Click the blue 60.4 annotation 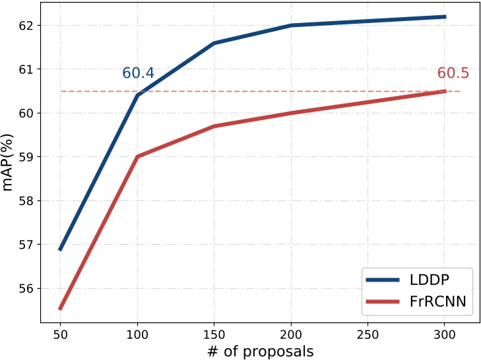[139, 73]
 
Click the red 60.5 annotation [453, 73]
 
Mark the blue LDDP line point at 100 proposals [137, 95]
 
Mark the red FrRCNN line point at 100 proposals [137, 156]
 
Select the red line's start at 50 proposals [60, 309]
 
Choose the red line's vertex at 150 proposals [214, 126]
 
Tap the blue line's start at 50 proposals [60, 249]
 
